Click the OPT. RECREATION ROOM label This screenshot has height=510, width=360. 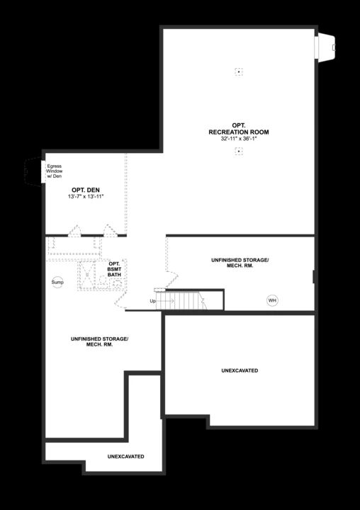coord(239,129)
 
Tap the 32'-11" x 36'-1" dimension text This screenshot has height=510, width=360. coord(239,139)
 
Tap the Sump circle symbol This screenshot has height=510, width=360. coord(57,283)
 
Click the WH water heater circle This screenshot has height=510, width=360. coord(272,300)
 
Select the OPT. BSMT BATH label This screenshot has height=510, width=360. coord(115,268)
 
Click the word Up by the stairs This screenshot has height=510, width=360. coord(152,302)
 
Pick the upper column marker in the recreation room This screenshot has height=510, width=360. coord(239,71)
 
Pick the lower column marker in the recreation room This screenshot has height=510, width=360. coord(239,152)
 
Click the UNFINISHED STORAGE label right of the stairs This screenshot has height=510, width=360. coord(240,263)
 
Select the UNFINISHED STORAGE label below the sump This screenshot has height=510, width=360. coord(99,341)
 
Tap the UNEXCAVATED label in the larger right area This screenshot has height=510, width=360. coord(240,370)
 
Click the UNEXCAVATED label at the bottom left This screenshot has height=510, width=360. coord(126,456)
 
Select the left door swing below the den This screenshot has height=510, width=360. coord(74,230)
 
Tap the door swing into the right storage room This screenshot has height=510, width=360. coord(170,270)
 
